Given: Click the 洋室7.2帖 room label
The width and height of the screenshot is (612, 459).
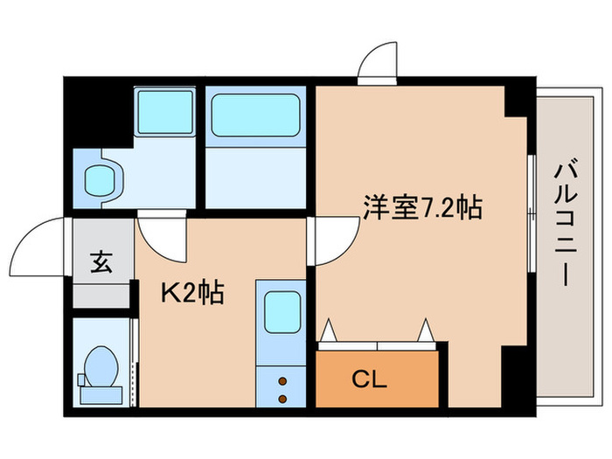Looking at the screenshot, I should pyautogui.click(x=422, y=208).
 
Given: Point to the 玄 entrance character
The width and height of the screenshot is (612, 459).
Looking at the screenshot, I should pyautogui.click(x=101, y=262).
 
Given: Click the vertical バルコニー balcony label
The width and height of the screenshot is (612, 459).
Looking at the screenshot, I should pyautogui.click(x=564, y=223).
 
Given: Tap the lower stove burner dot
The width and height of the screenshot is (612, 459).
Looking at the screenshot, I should pyautogui.click(x=282, y=399).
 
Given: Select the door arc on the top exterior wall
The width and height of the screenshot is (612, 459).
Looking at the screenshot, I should pyautogui.click(x=378, y=62).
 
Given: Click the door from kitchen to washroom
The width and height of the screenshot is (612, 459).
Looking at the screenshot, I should pyautogui.click(x=161, y=234).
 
